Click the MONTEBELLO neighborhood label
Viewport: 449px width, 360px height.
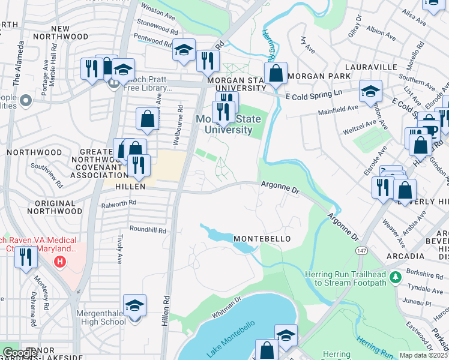tap(262, 239)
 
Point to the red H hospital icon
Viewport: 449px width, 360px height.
tap(59, 262)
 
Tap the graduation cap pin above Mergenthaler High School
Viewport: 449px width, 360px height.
tap(134, 306)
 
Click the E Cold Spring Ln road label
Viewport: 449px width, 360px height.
tap(313, 94)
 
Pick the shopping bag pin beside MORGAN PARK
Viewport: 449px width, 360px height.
tap(276, 75)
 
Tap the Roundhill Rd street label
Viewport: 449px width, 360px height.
tap(148, 230)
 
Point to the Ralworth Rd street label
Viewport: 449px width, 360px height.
tap(119, 203)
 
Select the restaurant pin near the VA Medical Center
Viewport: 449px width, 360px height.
tap(26, 257)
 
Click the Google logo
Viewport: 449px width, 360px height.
tap(20, 353)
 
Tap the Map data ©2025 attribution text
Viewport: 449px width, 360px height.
tap(423, 355)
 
